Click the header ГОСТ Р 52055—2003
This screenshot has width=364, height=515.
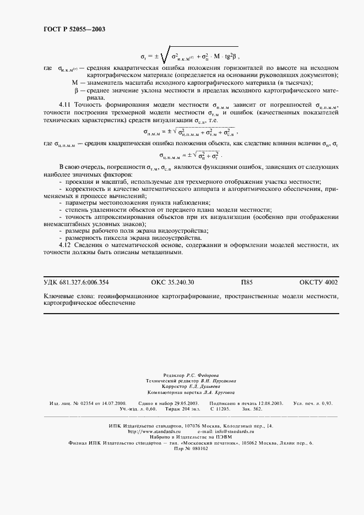tap(74, 29)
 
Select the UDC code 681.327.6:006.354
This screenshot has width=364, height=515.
tap(84, 282)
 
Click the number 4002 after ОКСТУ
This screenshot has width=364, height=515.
tap(329, 282)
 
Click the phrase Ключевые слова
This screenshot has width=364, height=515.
tap(68, 296)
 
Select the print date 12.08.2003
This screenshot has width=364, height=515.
tap(267, 403)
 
